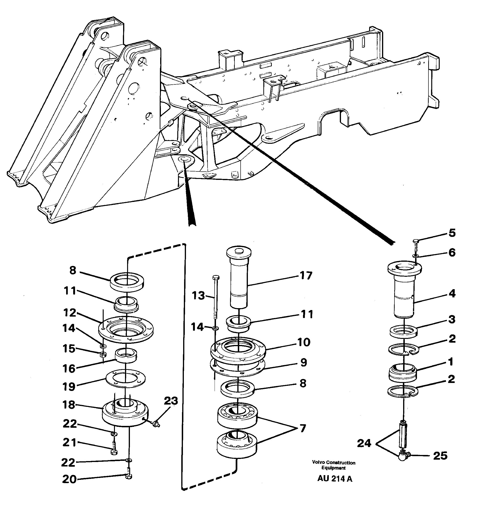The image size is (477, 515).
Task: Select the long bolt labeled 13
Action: tap(216, 297)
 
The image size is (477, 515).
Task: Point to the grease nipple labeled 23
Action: tap(156, 424)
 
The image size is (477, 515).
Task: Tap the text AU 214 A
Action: tap(334, 479)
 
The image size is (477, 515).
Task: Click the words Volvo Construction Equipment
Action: tap(333, 465)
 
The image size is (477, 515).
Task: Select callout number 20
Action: tap(69, 479)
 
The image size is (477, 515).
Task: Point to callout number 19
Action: tap(69, 387)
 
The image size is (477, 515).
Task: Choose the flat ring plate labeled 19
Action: tap(125, 379)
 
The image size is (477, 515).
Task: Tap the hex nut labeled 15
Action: tap(102, 354)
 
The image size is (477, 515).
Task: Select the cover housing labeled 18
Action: tap(125, 416)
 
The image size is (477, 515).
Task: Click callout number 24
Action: tap(364, 443)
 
